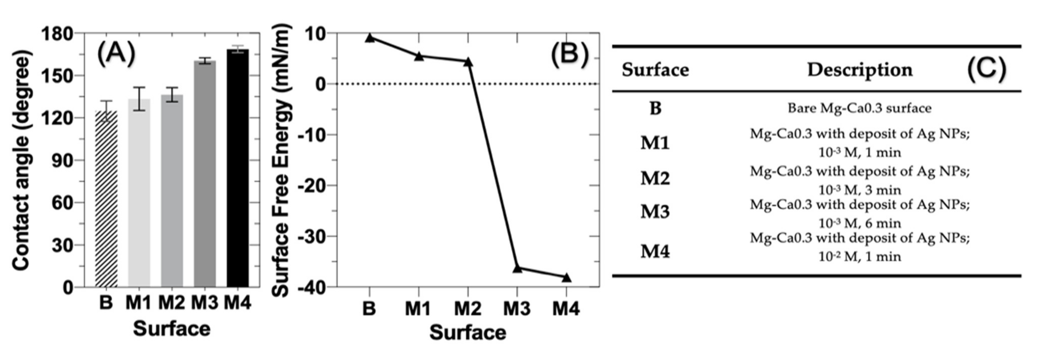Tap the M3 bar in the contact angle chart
point(205,174)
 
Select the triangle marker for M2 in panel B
point(468,62)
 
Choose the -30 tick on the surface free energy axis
point(312,236)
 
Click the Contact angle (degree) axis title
point(21,160)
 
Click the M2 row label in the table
point(655,178)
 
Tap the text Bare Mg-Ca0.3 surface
point(859,108)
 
